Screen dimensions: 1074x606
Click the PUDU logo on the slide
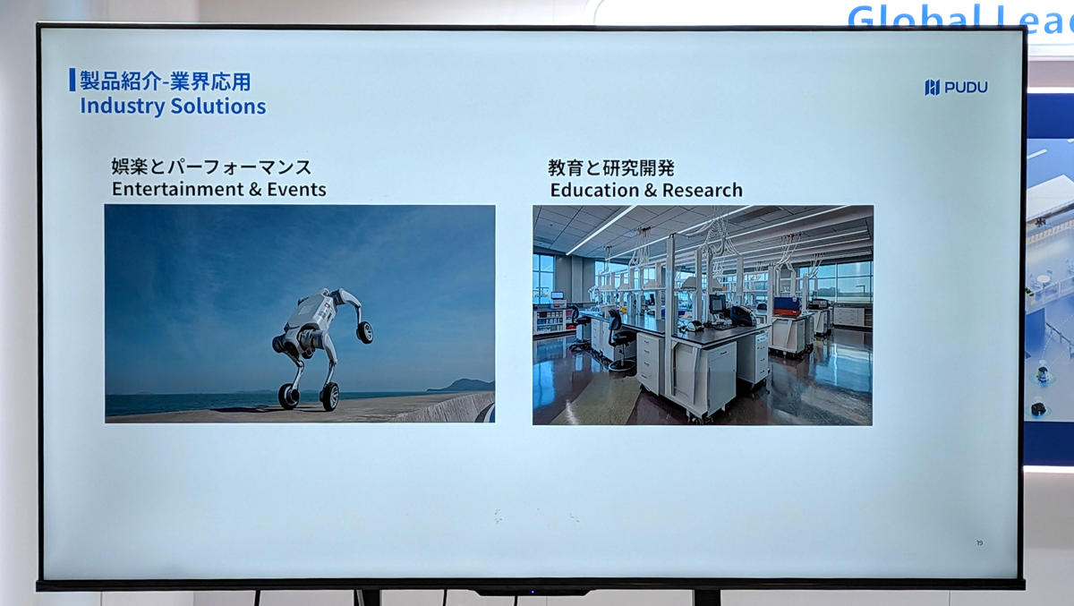956,87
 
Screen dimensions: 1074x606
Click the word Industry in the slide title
123,107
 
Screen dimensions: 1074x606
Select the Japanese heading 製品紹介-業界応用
165,81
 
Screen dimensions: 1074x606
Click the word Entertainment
178,190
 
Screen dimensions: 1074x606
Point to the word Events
296,190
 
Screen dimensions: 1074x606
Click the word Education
594,191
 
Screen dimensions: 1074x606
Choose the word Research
703,191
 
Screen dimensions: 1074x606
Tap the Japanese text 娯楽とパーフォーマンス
211,166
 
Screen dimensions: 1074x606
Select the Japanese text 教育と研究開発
611,167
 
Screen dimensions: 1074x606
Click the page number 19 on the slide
979,542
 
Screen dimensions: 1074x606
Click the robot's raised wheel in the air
365,332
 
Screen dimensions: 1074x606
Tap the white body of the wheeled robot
311,314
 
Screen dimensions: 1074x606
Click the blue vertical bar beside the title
72,80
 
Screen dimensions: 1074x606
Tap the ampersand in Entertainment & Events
256,190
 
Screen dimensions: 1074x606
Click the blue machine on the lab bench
787,306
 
